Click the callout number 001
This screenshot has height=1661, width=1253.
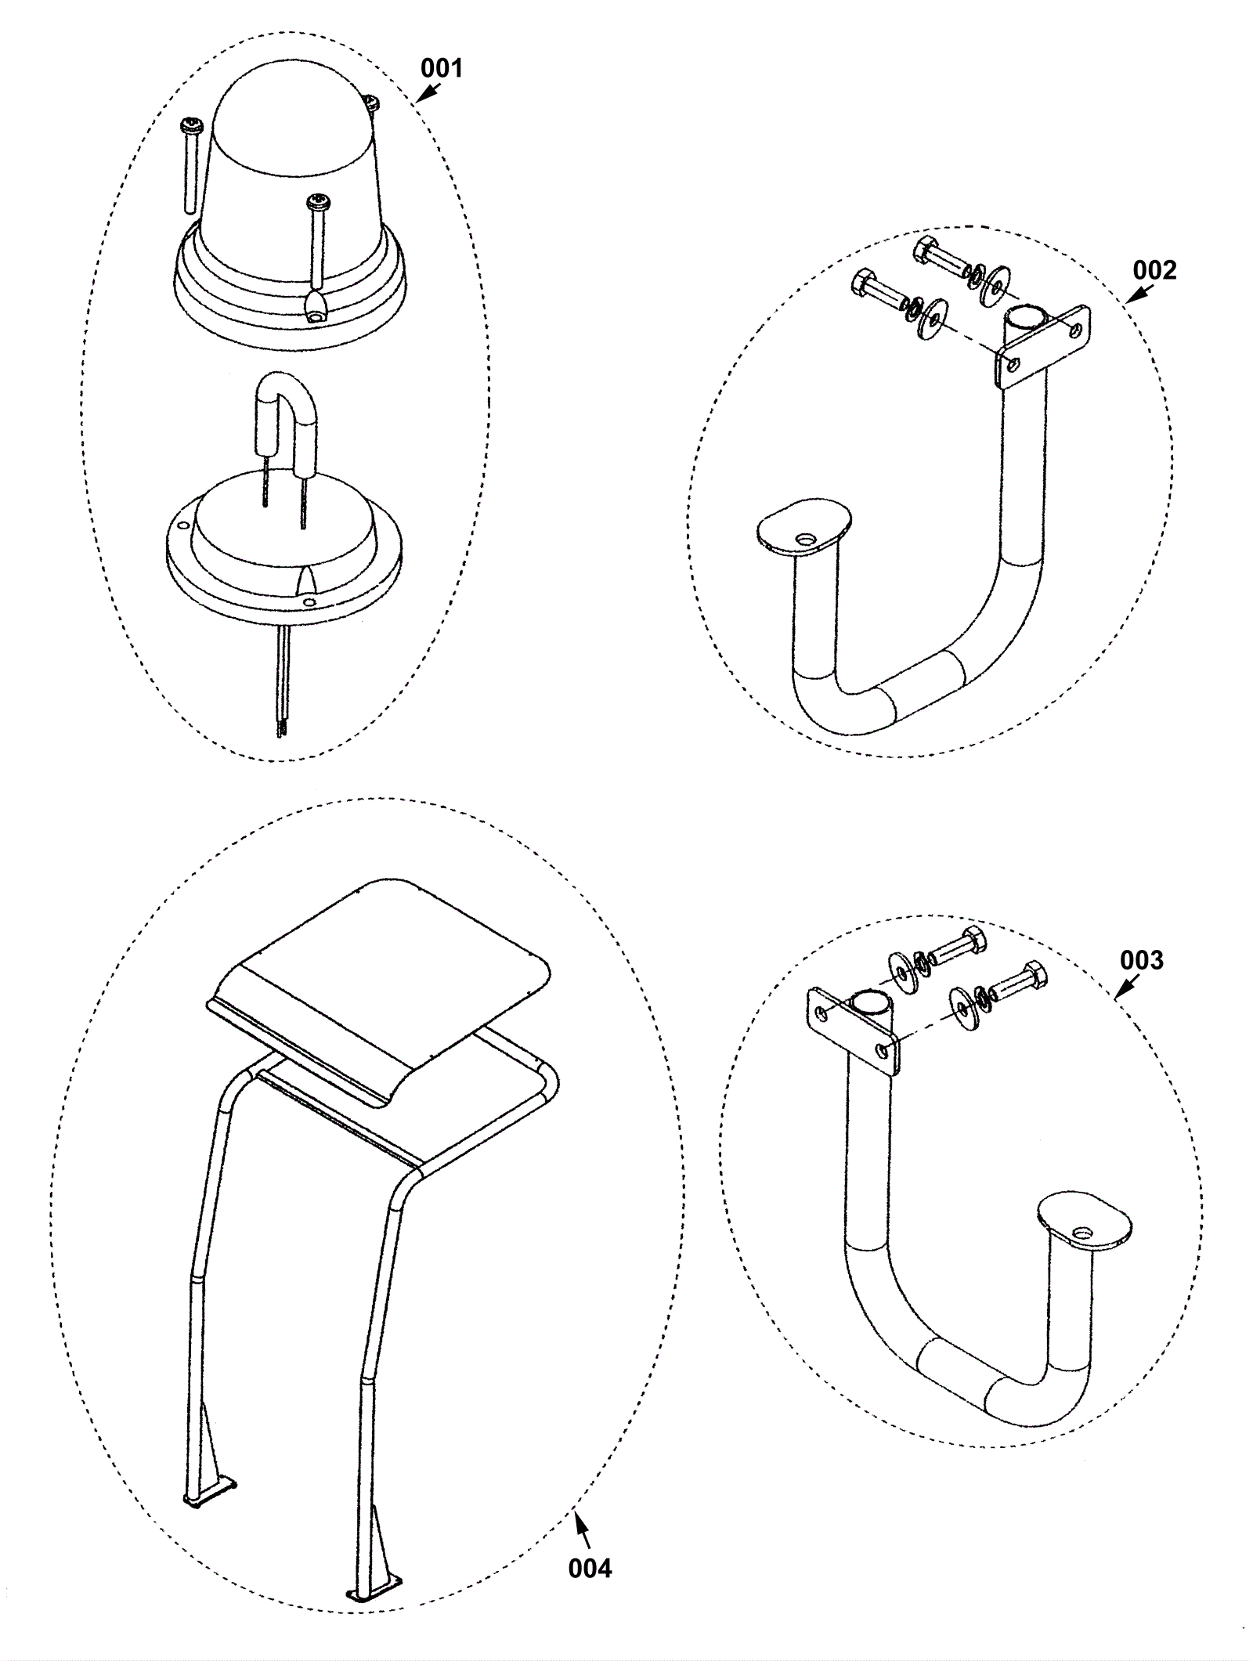pyautogui.click(x=442, y=68)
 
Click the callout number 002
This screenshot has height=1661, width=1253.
pyautogui.click(x=1154, y=270)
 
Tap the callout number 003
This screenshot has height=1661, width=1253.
pyautogui.click(x=1141, y=960)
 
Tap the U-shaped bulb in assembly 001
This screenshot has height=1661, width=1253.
pyautogui.click(x=287, y=423)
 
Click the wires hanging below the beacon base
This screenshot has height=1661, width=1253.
pyautogui.click(x=283, y=681)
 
